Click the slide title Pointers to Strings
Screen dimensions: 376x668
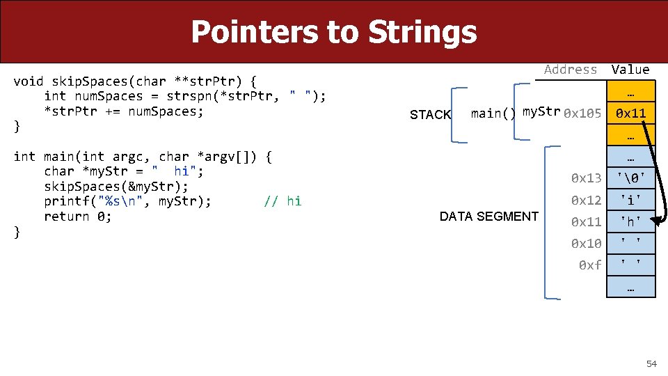point(333,32)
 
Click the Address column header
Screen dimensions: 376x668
point(571,69)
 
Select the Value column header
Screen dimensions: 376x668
point(630,69)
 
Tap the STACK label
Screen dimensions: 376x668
point(430,115)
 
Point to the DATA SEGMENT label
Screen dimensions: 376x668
point(488,217)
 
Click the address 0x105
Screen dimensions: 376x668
point(582,113)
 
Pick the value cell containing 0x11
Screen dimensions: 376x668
point(630,113)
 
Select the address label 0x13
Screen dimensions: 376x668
point(586,178)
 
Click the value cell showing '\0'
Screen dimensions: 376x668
point(630,178)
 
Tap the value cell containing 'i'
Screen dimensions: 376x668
point(630,201)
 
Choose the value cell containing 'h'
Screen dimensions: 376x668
point(630,222)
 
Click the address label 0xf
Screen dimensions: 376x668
point(590,265)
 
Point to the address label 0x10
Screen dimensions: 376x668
point(586,244)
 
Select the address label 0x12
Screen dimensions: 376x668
point(586,201)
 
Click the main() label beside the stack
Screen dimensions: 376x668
point(493,113)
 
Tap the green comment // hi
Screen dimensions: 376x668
point(283,201)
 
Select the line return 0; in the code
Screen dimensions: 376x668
point(77,217)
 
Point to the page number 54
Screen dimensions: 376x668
point(651,364)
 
